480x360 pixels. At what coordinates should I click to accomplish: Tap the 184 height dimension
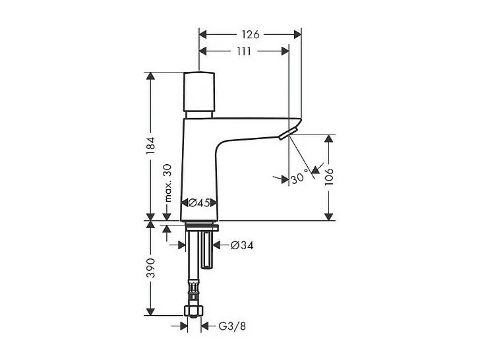coord(151,146)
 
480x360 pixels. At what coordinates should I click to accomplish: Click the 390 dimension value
coord(151,267)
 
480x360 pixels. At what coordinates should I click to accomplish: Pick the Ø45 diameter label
coord(198,203)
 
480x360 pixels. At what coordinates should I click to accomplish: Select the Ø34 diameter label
coord(243,245)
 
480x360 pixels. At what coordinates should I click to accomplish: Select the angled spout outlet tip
coord(287,135)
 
